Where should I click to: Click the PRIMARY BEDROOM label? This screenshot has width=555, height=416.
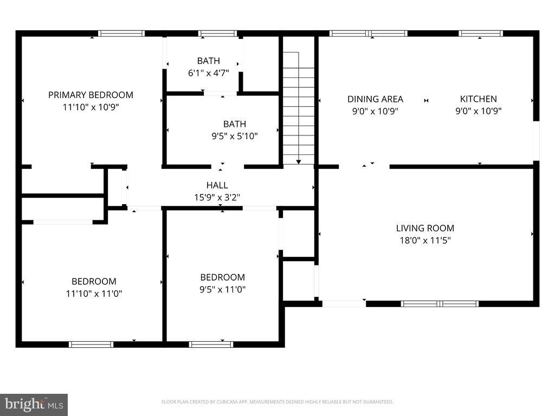(x=91, y=95)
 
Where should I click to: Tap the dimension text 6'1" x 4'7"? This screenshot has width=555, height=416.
(x=209, y=73)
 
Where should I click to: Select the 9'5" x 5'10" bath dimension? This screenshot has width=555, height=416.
(x=234, y=136)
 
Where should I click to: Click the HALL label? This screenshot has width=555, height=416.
(x=217, y=185)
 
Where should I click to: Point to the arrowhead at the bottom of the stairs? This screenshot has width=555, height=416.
(x=298, y=161)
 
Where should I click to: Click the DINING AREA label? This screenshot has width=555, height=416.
(x=375, y=99)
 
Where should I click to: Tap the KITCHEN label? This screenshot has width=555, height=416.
(x=478, y=99)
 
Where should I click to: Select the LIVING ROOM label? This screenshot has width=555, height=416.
(x=425, y=228)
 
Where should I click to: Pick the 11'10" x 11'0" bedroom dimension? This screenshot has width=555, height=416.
(x=94, y=294)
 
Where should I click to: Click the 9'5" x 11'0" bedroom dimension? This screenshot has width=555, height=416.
(x=222, y=289)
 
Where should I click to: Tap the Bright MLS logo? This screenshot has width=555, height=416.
(x=34, y=404)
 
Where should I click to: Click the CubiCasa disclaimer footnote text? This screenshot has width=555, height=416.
(x=277, y=402)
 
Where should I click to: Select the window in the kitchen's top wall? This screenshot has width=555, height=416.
(x=481, y=34)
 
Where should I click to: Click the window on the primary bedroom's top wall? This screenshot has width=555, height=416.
(x=121, y=34)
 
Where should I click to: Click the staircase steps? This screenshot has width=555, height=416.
(x=299, y=108)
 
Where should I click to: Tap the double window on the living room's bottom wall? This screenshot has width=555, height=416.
(x=440, y=303)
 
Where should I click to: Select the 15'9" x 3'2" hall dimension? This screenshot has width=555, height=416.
(x=217, y=198)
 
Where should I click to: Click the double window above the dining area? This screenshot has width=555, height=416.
(x=369, y=34)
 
